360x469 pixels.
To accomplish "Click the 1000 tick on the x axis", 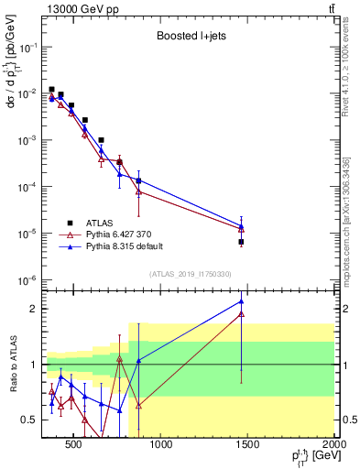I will pyautogui.click(x=160, y=446).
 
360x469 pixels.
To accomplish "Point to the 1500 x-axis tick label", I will pyautogui.click(x=247, y=446).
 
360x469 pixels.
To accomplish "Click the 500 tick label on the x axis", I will pyautogui.click(x=73, y=446).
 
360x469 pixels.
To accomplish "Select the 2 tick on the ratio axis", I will pyautogui.click(x=33, y=309).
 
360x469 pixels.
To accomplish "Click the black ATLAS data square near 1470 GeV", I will pyautogui.click(x=241, y=242).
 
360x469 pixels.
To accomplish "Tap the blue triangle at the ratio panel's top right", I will pyautogui.click(x=241, y=300).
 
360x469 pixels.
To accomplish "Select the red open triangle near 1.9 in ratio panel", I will pyautogui.click(x=241, y=313).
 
